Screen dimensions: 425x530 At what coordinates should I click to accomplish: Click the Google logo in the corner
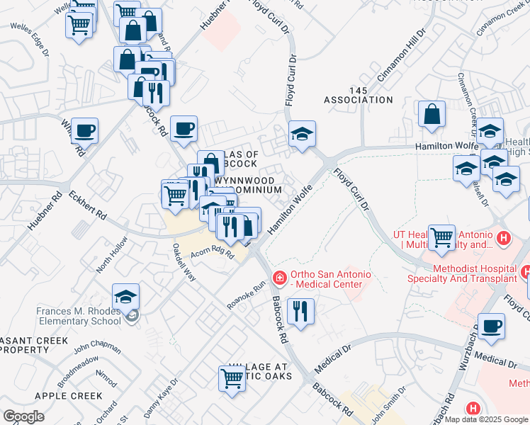click(x=23, y=416)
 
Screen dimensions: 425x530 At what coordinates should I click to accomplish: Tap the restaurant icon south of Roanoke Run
click(x=301, y=311)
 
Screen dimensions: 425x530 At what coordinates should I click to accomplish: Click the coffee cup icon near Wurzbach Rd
click(x=490, y=326)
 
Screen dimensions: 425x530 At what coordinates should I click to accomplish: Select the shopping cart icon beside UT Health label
click(x=442, y=236)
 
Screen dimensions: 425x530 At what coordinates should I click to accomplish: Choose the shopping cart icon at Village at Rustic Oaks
click(x=232, y=378)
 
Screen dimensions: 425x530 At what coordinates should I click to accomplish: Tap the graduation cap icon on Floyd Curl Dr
click(x=302, y=133)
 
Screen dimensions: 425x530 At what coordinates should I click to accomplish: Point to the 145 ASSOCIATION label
click(x=359, y=96)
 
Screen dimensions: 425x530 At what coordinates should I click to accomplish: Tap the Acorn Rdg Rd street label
click(x=213, y=256)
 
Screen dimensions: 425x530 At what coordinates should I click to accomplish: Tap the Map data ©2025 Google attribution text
click(x=486, y=420)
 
